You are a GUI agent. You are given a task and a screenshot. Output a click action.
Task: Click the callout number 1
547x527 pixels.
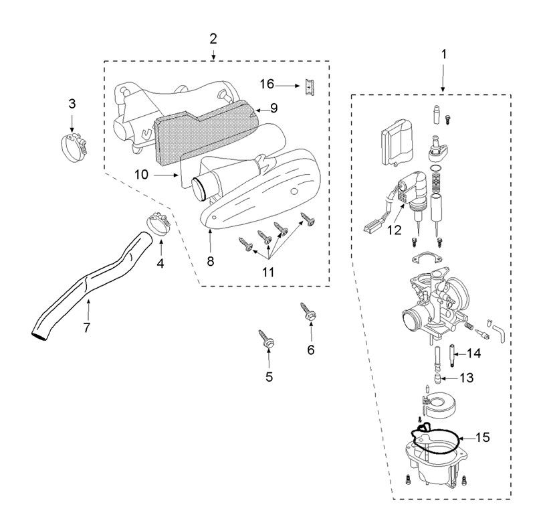(445, 52)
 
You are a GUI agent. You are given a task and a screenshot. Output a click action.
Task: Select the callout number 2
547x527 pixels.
(213, 38)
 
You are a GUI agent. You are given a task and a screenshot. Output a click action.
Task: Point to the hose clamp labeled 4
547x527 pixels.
(159, 222)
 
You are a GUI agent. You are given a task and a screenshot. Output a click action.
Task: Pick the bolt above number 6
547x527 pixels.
(310, 311)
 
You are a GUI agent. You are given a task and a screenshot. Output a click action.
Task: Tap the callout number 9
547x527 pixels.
(273, 107)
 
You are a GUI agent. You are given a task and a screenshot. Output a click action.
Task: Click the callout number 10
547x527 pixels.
(140, 174)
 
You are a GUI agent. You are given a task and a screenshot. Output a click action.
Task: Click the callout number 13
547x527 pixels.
(466, 378)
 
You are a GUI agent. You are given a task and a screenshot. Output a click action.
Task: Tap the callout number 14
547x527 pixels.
(474, 352)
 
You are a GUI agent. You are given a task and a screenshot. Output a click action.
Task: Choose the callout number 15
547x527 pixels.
(482, 437)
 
